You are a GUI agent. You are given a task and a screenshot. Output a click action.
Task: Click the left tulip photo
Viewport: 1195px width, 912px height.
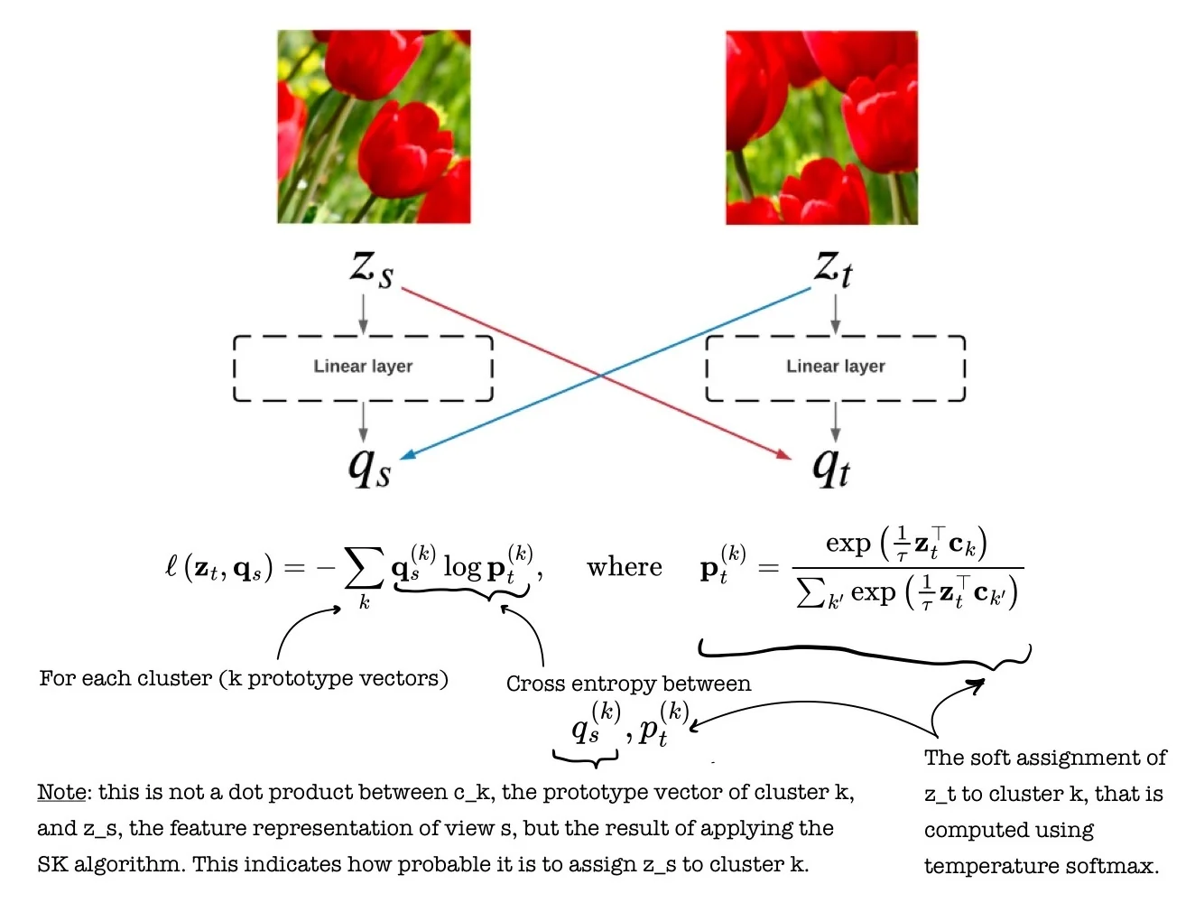pos(374,126)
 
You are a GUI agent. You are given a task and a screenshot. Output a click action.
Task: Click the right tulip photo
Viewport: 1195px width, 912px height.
pos(821,127)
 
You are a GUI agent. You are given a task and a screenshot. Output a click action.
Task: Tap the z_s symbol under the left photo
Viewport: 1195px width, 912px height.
pos(371,269)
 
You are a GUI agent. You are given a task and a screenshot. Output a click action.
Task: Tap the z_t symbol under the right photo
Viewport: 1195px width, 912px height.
pos(832,269)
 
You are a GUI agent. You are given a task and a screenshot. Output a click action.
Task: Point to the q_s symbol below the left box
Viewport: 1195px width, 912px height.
pos(369,467)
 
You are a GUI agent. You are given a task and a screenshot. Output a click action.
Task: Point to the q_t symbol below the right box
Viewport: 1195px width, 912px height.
pos(831,467)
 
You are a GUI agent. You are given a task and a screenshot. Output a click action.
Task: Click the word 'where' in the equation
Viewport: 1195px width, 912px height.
pos(624,567)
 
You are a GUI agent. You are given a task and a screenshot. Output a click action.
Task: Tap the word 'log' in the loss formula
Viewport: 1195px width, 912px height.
pos(462,567)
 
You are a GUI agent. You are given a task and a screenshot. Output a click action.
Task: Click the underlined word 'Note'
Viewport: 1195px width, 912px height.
pos(61,793)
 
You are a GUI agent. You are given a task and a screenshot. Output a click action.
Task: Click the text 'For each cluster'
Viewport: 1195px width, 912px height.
pos(125,678)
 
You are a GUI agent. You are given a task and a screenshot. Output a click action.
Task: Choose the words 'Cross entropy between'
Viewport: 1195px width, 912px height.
pos(628,684)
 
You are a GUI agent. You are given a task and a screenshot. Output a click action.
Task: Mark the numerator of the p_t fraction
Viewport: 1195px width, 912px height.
pos(906,544)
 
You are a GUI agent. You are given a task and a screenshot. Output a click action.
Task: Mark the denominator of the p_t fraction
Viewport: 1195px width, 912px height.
pos(907,592)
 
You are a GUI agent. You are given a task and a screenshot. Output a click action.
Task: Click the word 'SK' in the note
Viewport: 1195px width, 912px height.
pos(51,864)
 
